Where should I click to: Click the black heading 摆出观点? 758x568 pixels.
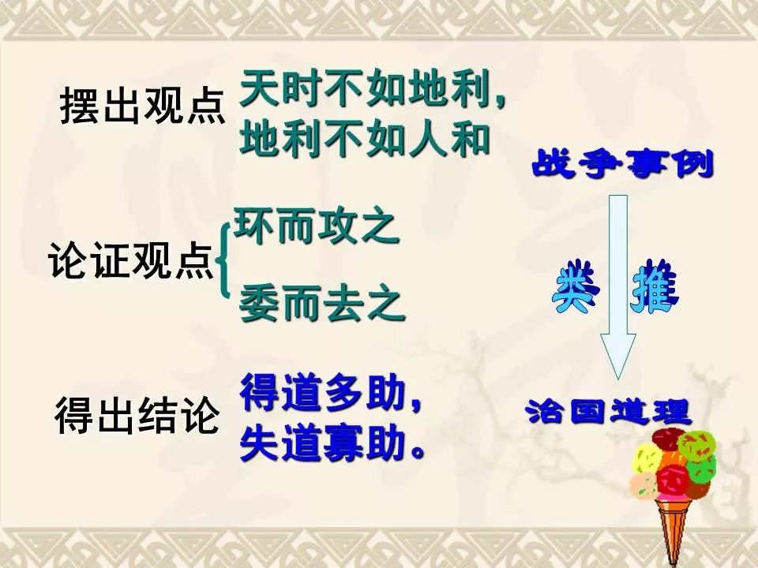pyautogui.click(x=143, y=105)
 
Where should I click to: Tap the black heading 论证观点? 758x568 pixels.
pyautogui.click(x=131, y=260)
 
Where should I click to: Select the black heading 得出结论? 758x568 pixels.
pyautogui.click(x=137, y=415)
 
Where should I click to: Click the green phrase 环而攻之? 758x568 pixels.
pyautogui.click(x=317, y=226)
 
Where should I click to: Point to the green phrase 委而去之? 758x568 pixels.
pyautogui.click(x=322, y=303)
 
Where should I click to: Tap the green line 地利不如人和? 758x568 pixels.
pyautogui.click(x=365, y=138)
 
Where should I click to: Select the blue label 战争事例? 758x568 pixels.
pyautogui.click(x=623, y=164)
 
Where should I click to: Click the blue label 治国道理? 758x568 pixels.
pyautogui.click(x=608, y=412)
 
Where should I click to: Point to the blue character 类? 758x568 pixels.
pyautogui.click(x=576, y=287)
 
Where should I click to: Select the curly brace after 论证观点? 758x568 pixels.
pyautogui.click(x=223, y=260)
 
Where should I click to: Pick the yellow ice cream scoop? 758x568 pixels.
pyautogui.click(x=647, y=459)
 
